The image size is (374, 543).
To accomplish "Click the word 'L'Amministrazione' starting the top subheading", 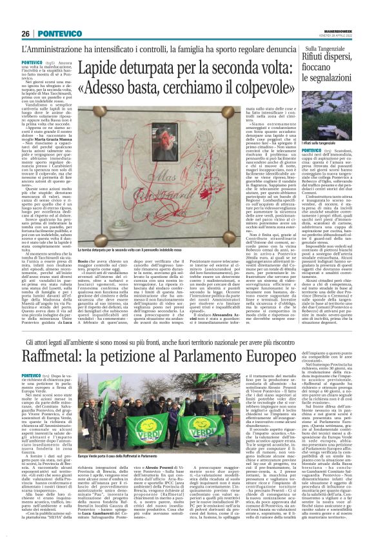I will [47, 49].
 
